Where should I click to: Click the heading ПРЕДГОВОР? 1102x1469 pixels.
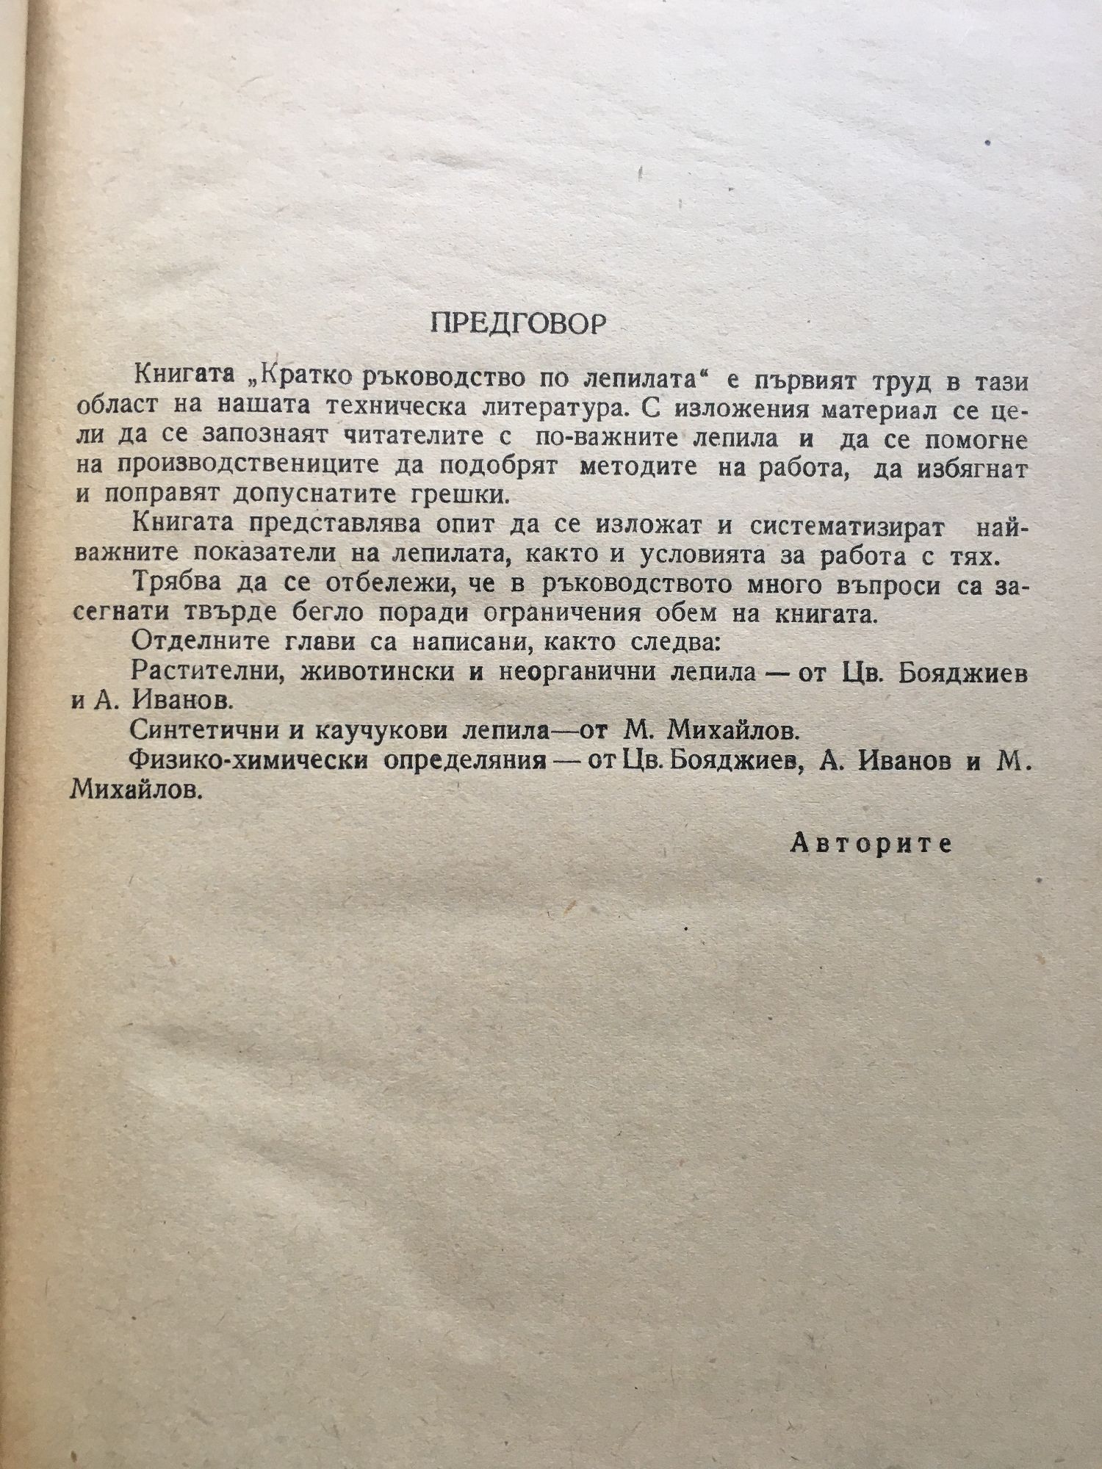click(x=518, y=324)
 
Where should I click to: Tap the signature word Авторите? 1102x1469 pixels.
click(x=871, y=844)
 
